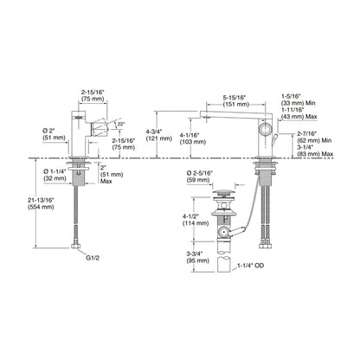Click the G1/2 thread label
click(93, 258)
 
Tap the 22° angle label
click(121, 124)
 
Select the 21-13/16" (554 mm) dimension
click(41, 203)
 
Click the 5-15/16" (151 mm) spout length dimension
click(234, 100)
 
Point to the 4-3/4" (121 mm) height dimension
click(158, 135)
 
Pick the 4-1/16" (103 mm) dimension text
click(193, 138)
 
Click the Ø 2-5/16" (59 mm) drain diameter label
click(200, 177)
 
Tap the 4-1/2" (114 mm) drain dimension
click(196, 220)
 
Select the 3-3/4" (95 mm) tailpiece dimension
click(197, 257)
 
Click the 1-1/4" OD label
click(250, 266)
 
